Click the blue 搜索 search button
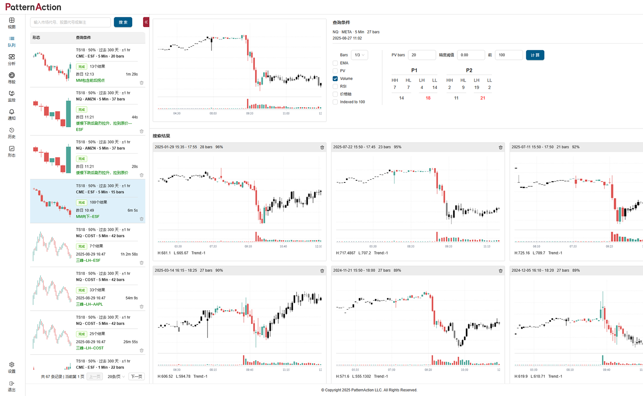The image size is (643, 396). click(123, 22)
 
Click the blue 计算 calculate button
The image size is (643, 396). click(535, 55)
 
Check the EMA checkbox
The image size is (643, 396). click(335, 63)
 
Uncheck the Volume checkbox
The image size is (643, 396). click(335, 79)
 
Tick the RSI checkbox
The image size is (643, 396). click(335, 86)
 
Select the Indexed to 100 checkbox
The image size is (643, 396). click(335, 102)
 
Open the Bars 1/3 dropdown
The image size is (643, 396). click(359, 55)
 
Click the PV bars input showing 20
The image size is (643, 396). click(422, 55)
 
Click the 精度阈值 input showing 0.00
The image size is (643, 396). click(471, 55)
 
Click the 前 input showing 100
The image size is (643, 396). click(509, 55)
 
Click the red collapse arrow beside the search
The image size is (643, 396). click(146, 22)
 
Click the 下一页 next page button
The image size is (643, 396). click(137, 377)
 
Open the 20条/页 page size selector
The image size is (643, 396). click(116, 377)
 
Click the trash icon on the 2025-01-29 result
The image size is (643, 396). click(322, 148)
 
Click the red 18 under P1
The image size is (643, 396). click(428, 98)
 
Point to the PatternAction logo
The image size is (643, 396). click(33, 7)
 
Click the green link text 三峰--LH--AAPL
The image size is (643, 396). click(90, 304)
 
